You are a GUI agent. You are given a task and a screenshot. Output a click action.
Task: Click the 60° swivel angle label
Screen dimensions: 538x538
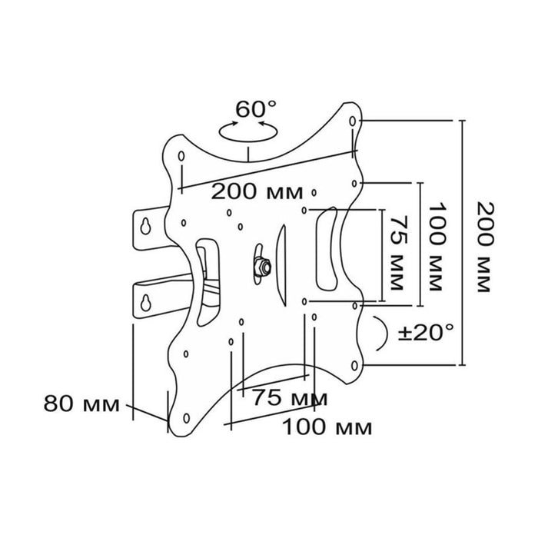(255, 108)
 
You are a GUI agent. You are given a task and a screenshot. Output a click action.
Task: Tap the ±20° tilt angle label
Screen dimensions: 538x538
(426, 332)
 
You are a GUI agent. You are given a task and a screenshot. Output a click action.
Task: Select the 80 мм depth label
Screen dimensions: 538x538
(81, 403)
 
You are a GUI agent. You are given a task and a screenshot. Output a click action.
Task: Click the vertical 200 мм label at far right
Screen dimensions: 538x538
(487, 247)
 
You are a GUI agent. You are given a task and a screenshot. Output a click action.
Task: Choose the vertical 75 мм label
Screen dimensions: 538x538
(397, 253)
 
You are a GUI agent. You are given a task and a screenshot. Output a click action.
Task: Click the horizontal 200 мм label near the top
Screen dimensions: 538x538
(257, 191)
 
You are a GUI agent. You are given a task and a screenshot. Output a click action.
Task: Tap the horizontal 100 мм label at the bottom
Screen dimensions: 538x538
(327, 427)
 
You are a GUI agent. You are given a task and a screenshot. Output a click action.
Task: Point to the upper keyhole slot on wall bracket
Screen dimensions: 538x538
(145, 226)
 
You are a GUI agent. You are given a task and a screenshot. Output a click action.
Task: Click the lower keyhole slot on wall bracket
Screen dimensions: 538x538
(145, 302)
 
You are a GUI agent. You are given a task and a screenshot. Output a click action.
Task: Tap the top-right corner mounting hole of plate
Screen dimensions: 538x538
(352, 121)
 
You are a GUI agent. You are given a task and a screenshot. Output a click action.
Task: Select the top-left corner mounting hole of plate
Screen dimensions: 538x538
(181, 156)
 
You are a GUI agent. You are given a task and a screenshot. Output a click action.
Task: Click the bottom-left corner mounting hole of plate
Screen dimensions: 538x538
(186, 418)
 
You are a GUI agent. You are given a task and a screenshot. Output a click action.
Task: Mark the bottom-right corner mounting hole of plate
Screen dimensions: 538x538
(355, 365)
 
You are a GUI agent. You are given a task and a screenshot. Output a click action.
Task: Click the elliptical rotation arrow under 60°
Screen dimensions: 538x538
(247, 140)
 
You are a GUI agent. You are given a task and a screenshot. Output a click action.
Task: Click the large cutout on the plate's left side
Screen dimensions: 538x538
(208, 281)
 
